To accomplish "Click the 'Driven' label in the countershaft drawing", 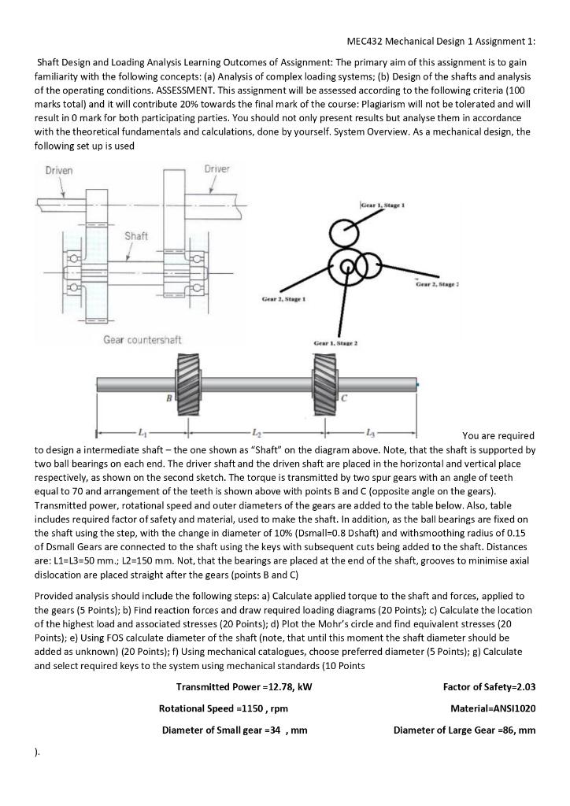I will pos(59,171).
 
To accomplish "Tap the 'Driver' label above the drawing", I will pos(217,169).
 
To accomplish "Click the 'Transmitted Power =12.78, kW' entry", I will pos(244,687).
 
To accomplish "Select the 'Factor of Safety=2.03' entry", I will pos(490,687).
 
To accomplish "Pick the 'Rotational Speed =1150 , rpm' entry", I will pos(223,708).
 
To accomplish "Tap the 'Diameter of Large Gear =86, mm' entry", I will pos(465,730).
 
